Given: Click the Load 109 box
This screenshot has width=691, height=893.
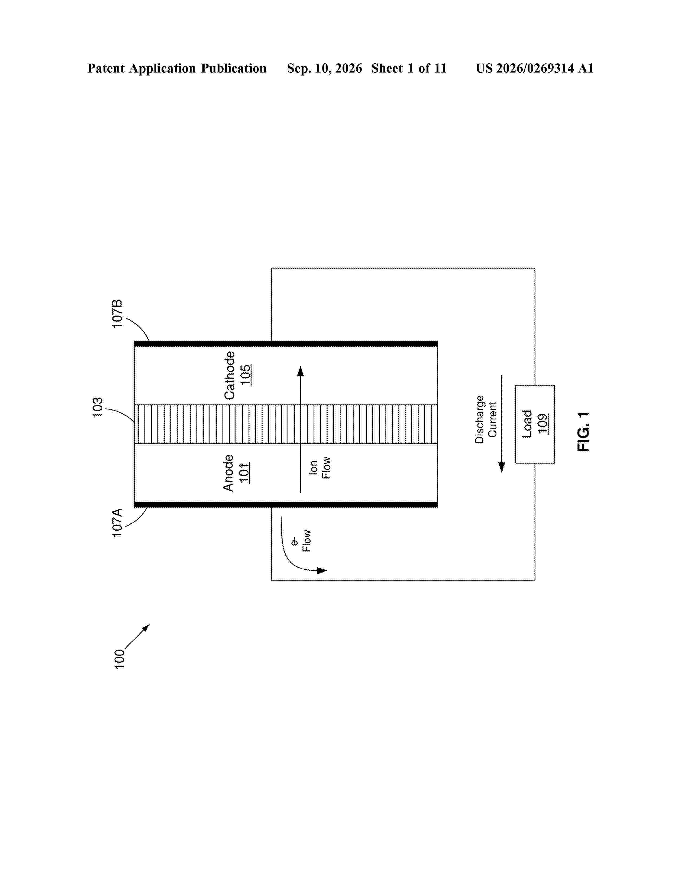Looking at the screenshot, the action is [535, 424].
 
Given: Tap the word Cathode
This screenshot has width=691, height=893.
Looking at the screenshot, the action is [229, 375].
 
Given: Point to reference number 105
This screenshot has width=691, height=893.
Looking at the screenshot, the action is [245, 375].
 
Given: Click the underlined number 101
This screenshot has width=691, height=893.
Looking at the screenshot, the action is [244, 473].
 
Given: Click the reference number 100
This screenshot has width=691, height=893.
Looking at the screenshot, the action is [119, 659].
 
